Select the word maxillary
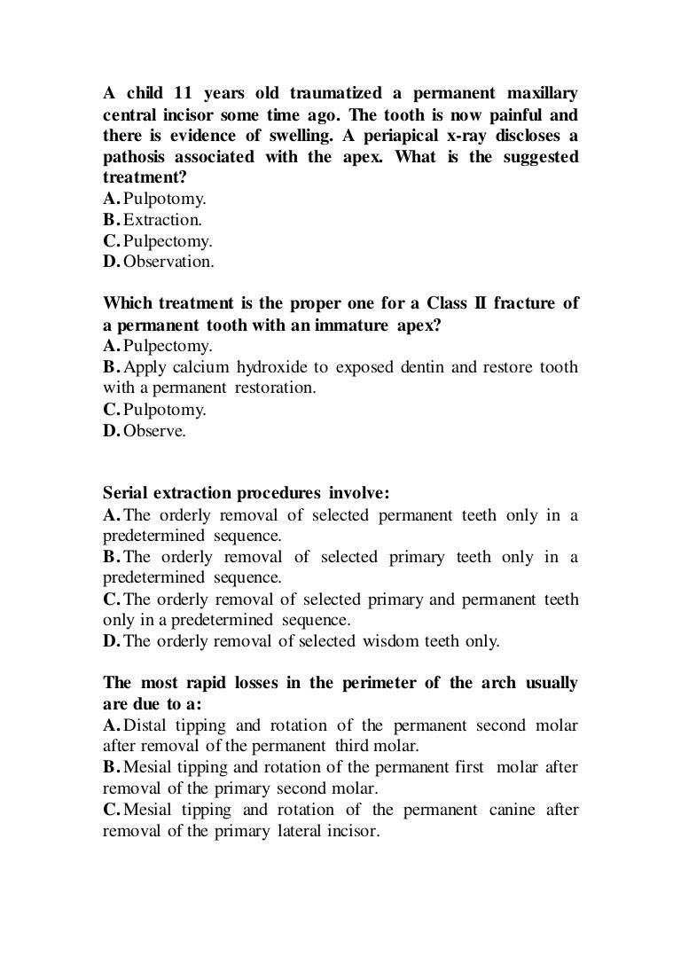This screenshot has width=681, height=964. pos(539,95)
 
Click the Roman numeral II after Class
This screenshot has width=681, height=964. pos(481,303)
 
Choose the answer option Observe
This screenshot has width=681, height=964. pos(153,432)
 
